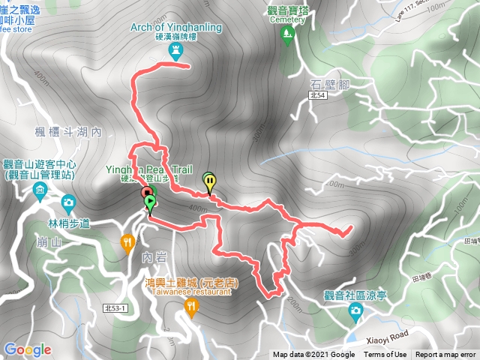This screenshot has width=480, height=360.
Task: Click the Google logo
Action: point(28,349)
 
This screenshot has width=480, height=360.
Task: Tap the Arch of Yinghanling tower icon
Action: point(177,51)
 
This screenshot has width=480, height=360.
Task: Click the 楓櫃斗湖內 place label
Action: point(68,132)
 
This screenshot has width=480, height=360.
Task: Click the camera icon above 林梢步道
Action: point(68,202)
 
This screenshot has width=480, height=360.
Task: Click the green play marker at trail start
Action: point(149,202)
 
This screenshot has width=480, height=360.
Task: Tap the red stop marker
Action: point(145,194)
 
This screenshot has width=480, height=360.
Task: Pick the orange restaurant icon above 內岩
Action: point(128,241)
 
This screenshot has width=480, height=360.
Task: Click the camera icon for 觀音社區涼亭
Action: point(355,313)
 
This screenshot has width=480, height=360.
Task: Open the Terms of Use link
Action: point(385,355)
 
